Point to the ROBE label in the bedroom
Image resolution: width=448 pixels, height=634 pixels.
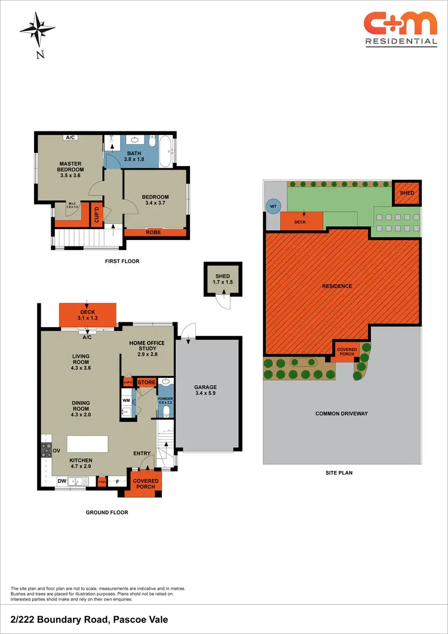point(153,232)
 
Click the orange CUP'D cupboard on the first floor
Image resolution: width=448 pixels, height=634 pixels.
point(96,216)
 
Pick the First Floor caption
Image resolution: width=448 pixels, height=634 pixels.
point(121,261)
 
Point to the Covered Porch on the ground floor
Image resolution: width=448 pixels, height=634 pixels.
point(145,484)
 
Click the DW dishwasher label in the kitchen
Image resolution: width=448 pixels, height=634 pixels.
point(62,481)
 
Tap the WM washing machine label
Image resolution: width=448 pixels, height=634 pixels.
point(126,400)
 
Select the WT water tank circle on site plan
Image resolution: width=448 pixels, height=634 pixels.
point(272,206)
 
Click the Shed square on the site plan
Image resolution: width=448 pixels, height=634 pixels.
point(407,193)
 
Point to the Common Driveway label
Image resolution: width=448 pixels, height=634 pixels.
point(341,414)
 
